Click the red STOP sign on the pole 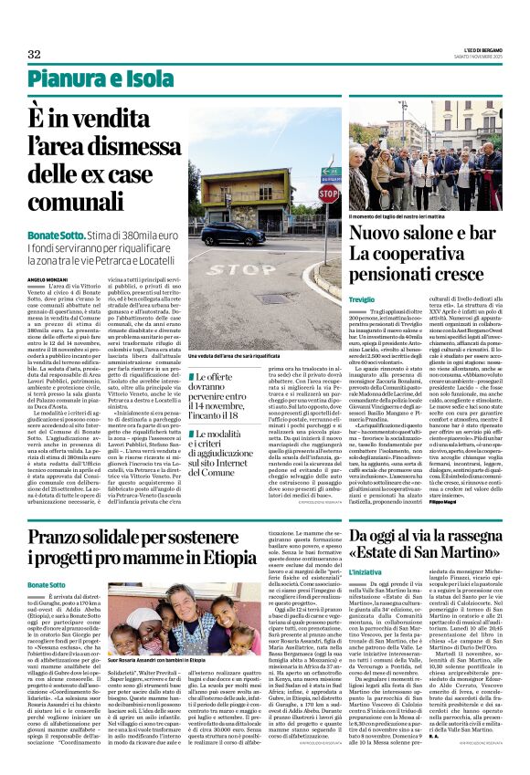(328, 194)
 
